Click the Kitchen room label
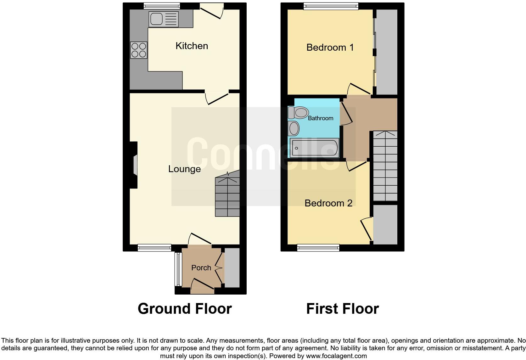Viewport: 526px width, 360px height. click(192, 46)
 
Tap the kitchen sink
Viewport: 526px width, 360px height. click(164, 19)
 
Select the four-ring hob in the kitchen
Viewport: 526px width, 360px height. click(139, 50)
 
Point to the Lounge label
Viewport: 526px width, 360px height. click(184, 169)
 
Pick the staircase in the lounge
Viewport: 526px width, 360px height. click(227, 197)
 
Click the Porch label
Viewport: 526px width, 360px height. click(201, 268)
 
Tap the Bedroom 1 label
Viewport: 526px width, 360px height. click(330, 48)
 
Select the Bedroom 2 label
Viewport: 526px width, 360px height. click(328, 203)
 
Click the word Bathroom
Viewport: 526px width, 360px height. click(320, 118)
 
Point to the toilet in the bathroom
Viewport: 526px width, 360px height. click(298, 112)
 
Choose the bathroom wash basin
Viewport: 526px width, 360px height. click(294, 128)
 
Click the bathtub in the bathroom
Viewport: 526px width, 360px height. click(314, 148)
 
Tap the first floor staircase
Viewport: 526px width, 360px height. click(385, 166)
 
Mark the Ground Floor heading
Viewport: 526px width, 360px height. click(185, 309)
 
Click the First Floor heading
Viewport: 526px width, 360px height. click(342, 309)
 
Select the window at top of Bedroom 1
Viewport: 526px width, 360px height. click(331, 6)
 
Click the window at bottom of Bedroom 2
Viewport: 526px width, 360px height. click(318, 248)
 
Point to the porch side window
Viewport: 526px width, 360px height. click(178, 269)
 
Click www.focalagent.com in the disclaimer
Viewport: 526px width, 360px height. click(336, 356)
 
